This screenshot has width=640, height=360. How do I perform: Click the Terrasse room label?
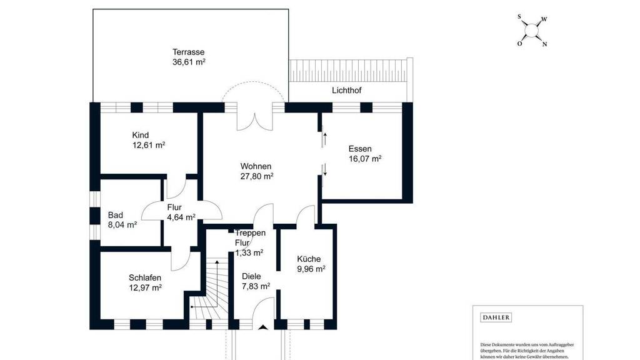click(x=188, y=52)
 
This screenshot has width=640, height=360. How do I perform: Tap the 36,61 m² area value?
click(x=189, y=62)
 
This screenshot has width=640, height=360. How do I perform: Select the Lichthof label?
click(x=346, y=90)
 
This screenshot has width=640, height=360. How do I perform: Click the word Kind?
click(x=141, y=135)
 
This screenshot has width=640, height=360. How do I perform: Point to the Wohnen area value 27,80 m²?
click(x=257, y=176)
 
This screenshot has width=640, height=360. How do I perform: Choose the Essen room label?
click(x=360, y=149)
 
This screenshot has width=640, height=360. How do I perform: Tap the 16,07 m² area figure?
click(x=365, y=159)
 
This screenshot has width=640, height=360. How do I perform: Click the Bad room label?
click(x=116, y=215)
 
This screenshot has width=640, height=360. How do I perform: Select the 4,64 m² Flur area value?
click(x=181, y=217)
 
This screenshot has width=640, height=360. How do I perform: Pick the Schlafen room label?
click(x=145, y=277)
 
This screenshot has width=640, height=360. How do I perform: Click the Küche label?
click(x=309, y=259)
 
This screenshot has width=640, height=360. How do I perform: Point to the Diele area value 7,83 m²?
click(x=256, y=286)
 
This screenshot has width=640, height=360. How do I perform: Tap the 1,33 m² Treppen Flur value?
click(x=249, y=252)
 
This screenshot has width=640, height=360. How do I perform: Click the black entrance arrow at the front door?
click(x=263, y=326)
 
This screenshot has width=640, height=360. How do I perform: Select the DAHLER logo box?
click(x=496, y=317)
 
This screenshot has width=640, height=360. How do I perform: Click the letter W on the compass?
click(x=544, y=19)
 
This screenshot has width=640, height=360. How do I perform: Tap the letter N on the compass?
click(x=544, y=44)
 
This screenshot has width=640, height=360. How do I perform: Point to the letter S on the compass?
click(x=519, y=17)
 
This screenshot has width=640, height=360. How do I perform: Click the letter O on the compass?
click(x=519, y=44)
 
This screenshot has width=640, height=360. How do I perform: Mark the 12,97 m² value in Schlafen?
click(x=145, y=287)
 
